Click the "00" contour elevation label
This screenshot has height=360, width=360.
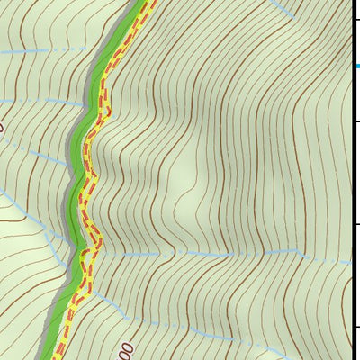126,350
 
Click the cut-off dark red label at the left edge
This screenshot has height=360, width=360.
2,127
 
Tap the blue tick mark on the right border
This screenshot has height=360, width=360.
356,66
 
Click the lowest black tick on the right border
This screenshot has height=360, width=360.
355,326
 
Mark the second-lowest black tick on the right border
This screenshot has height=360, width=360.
355,224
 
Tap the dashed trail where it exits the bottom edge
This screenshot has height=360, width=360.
57,356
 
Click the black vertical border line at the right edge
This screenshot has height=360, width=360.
351,180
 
